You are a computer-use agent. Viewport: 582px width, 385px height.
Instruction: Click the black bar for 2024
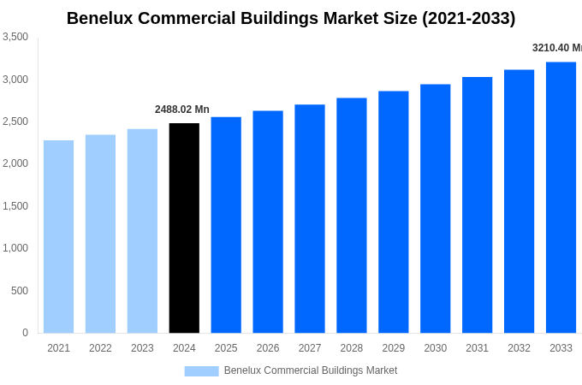(184, 228)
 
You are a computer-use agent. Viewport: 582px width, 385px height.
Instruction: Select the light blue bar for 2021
(58, 237)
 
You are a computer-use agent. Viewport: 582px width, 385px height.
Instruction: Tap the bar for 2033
(561, 198)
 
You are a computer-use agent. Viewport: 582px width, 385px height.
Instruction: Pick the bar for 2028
(351, 216)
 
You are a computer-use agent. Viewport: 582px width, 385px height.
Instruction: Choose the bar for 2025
(226, 225)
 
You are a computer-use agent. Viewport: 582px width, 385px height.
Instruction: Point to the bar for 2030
(435, 209)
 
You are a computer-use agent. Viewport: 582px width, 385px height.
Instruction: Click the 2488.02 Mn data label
(181, 110)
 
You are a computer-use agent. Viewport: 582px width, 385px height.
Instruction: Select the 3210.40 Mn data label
(556, 48)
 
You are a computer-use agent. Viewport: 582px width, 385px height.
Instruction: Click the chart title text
(291, 18)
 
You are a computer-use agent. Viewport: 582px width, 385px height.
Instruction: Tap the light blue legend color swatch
(201, 371)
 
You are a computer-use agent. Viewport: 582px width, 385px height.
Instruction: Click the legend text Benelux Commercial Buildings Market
(310, 370)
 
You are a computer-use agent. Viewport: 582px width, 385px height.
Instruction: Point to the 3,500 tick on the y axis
(15, 37)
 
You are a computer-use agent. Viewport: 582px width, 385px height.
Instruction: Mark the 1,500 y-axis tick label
(15, 206)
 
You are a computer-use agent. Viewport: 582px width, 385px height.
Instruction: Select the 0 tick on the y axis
(25, 333)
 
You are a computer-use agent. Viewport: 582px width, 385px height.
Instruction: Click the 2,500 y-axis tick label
(15, 121)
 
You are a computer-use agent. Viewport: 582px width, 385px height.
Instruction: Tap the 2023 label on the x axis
(142, 348)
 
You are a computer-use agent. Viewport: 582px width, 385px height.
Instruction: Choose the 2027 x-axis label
(310, 348)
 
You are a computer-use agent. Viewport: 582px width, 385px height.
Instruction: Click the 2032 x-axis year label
(519, 348)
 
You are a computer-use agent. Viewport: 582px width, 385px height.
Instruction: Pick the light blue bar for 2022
(100, 234)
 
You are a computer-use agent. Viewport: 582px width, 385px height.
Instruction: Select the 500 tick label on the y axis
(19, 291)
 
